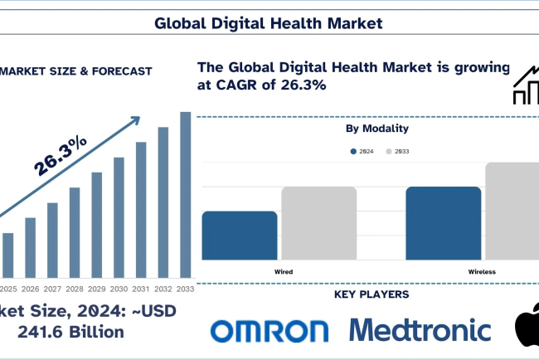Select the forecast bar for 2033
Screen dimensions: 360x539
coord(186,195)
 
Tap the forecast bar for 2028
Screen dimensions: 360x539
coord(75,232)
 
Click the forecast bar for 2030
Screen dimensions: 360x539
coord(119,216)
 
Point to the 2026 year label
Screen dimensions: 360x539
coord(30,288)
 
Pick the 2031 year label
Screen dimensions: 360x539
coord(141,288)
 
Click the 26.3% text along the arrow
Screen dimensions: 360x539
coord(61,156)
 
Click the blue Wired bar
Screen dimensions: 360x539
coord(240,236)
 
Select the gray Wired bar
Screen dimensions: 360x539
coord(318,223)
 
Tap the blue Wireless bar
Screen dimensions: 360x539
coord(443,223)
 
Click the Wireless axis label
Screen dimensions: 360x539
coord(483,271)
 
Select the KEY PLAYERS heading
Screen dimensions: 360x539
coord(371,294)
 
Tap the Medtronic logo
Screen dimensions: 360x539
coord(420,329)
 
